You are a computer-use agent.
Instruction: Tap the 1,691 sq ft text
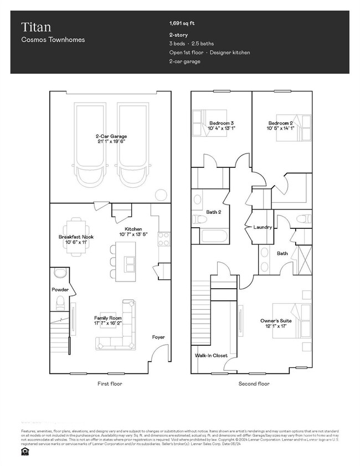(182, 23)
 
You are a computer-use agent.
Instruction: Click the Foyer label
(158, 337)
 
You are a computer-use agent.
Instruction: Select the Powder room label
(60, 290)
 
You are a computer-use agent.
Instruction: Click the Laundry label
(262, 227)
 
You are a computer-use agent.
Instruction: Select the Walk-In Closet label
(211, 356)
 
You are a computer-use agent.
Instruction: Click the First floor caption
(109, 383)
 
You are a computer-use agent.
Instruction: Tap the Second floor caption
(254, 383)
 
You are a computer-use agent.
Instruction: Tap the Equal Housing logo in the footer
(24, 451)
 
